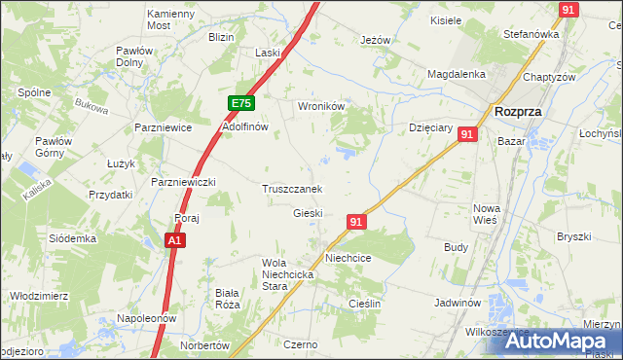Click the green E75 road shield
pos(241,103)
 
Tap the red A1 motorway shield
pos(174,239)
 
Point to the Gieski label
pos(308,213)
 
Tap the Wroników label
pos(321,108)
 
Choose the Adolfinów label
pos(245,127)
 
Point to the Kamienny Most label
pos(171,20)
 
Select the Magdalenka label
pos(457,74)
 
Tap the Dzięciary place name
pos(428,127)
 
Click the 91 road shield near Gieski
pos(355,223)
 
